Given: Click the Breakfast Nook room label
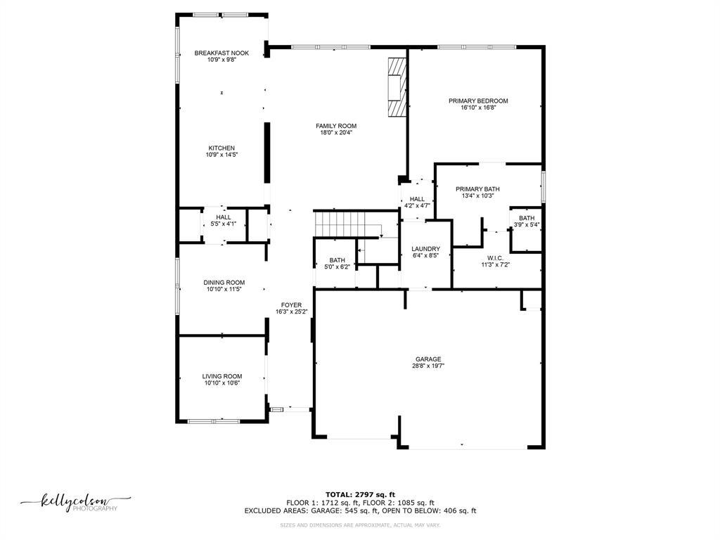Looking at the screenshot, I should pos(221,53).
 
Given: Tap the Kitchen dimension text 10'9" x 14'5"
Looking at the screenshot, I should pos(221,155).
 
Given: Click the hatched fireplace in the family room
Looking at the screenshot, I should pos(398,86).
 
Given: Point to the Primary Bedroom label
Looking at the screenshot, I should pos(478,101).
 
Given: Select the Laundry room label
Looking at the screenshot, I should pos(425,249).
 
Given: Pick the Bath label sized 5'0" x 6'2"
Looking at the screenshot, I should pos(337,260).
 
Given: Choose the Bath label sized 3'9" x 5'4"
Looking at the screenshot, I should pos(527,219).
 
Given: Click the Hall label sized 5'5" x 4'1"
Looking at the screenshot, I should pos(224,218).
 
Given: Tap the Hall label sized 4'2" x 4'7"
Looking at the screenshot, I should pos(417,200).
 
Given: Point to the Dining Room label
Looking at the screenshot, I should pos(225,283).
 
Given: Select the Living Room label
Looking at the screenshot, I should pos(222,377).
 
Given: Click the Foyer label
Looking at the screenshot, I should pos(291,305).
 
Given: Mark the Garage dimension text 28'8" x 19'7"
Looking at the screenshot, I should pos(428,366).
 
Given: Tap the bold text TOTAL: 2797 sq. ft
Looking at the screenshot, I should pos(360,494).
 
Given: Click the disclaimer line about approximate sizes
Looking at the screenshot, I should pos(360,525).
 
